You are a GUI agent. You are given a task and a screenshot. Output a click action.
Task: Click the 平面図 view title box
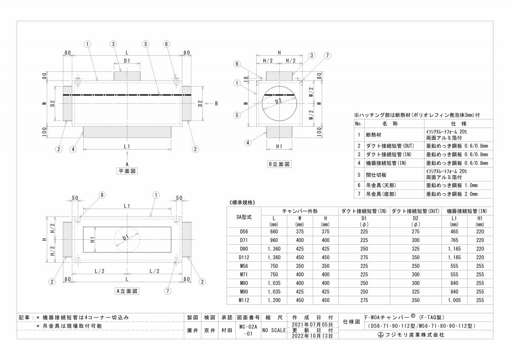click(x=127, y=171)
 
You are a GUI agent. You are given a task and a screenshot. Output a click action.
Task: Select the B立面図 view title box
click(x=279, y=164)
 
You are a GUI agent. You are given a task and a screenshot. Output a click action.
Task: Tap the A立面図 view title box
click(x=127, y=291)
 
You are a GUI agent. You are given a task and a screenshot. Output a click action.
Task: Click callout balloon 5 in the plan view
click(x=146, y=44)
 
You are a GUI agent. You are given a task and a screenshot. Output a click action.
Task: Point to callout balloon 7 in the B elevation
click(x=327, y=55)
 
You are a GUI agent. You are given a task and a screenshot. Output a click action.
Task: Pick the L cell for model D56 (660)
click(x=274, y=232)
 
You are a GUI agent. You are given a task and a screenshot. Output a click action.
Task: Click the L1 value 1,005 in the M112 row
click(x=454, y=300)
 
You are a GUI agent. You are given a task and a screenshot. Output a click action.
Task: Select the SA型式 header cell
click(x=244, y=217)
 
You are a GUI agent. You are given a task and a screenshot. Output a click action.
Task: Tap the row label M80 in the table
click(x=244, y=283)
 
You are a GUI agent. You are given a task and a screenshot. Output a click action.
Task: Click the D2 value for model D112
click(x=416, y=257)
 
